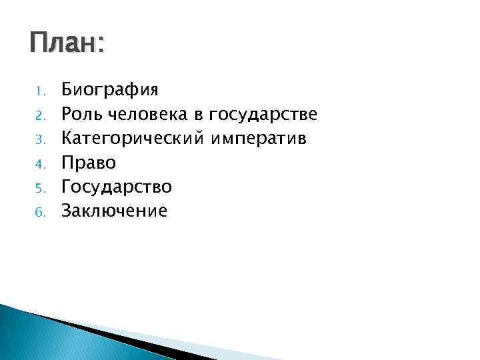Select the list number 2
pos(40,115)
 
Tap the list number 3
pos(40,139)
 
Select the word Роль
pos(79,114)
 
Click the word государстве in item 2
pos(263,115)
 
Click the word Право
pos(89,163)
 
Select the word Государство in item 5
pos(117,187)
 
